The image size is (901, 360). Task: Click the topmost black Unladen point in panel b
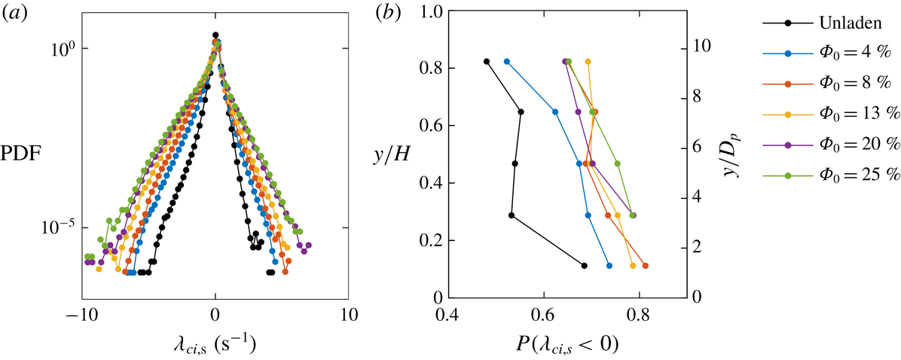click(487, 62)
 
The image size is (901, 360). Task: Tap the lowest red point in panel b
click(646, 265)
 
